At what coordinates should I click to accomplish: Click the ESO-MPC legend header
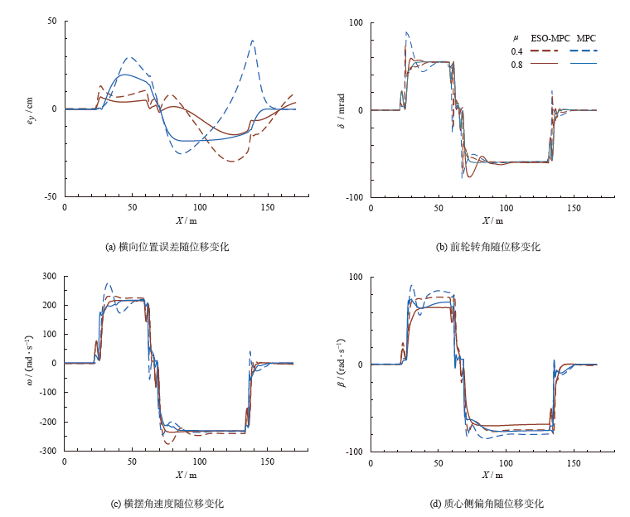tap(543, 38)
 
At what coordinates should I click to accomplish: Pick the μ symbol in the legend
tap(515, 38)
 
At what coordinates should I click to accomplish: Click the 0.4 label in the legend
tap(516, 51)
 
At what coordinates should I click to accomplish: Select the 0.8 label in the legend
tap(516, 64)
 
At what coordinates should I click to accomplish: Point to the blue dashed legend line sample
tap(584, 51)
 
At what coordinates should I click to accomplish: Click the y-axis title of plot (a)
tap(33, 109)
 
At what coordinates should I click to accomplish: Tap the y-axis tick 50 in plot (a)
tap(51, 21)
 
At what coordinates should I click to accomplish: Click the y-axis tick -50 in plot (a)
tap(50, 197)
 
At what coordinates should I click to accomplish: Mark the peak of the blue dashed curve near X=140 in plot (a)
tap(252, 40)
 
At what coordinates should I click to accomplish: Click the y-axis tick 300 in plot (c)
tap(49, 276)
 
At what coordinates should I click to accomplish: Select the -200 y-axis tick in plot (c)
tap(46, 422)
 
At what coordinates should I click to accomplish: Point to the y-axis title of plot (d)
tap(340, 364)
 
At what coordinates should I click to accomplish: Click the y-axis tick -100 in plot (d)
tap(355, 452)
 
